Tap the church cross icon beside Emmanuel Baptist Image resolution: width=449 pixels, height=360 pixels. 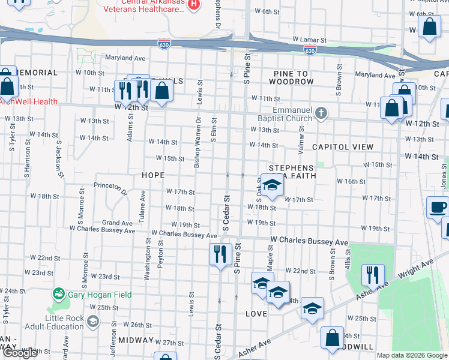[321, 113]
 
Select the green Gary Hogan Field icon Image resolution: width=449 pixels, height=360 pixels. [59, 293]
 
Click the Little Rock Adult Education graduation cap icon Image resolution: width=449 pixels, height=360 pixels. [93, 322]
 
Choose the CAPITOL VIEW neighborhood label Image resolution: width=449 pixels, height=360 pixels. [342, 147]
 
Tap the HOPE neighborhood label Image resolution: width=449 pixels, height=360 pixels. [152, 175]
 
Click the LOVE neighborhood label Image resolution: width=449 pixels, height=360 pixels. [256, 314]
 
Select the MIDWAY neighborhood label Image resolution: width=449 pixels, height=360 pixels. [136, 340]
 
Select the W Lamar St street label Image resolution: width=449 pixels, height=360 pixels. [309, 40]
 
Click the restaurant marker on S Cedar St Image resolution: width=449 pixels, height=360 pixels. [221, 253]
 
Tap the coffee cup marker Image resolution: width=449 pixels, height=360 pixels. [438, 207]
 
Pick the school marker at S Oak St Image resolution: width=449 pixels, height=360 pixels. [272, 185]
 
